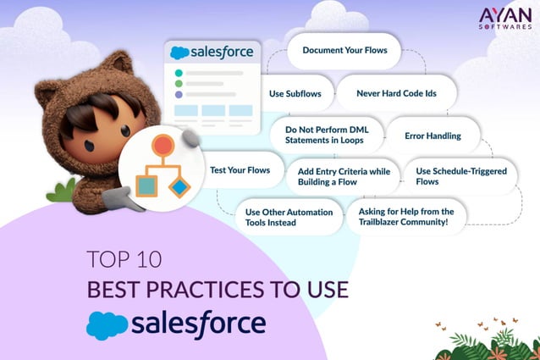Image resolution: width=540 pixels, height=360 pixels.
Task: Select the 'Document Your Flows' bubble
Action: click(x=344, y=51)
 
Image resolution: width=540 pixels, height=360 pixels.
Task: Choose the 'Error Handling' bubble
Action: click(x=433, y=136)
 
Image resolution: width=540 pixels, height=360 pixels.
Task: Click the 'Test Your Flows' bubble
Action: click(x=240, y=170)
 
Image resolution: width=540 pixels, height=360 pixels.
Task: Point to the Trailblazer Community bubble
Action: click(x=405, y=217)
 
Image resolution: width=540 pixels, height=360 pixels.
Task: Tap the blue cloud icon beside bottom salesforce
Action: click(x=106, y=325)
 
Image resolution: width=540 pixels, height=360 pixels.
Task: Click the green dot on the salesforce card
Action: click(x=178, y=84)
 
